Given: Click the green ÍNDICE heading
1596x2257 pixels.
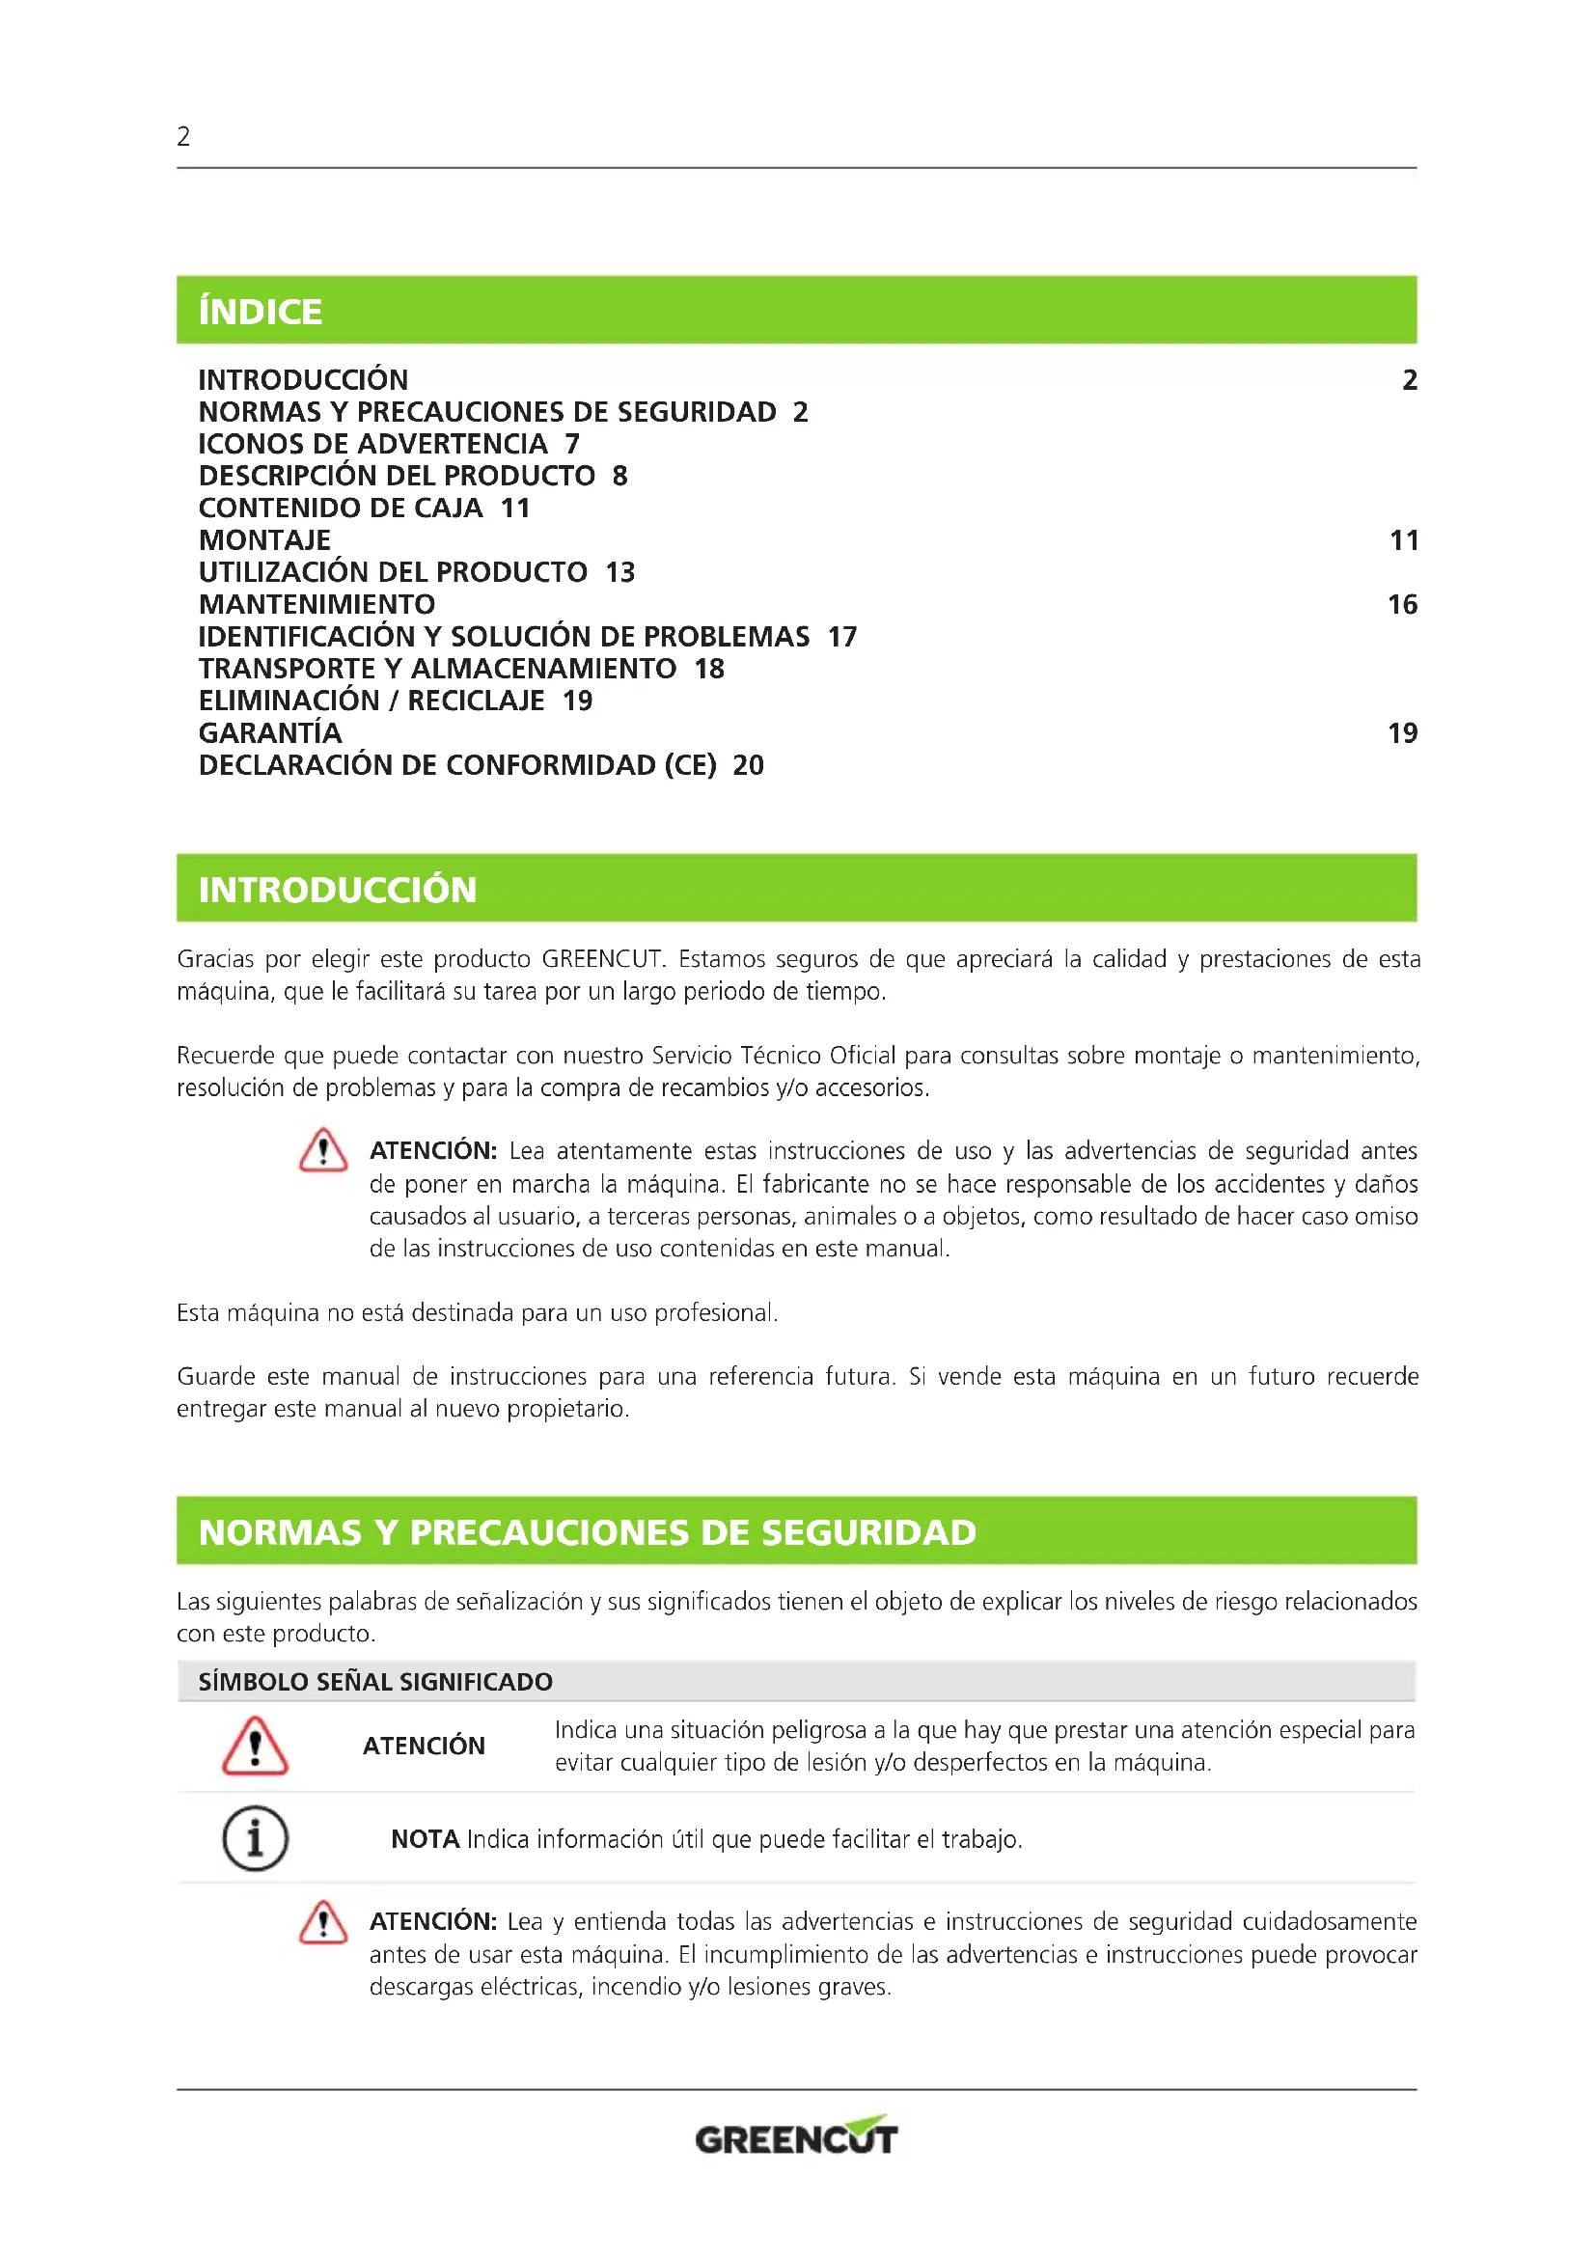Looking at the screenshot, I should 261,312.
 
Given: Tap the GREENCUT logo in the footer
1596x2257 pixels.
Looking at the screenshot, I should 796,2137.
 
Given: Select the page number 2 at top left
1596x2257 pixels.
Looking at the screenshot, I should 183,137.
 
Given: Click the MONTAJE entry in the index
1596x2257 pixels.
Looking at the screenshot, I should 264,540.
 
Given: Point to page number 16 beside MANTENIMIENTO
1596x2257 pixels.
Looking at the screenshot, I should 1402,605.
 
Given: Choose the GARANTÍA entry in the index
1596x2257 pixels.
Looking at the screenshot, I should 270,733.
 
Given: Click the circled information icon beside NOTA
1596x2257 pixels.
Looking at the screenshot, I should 255,1838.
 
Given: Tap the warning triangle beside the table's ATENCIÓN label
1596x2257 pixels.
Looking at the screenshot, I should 255,1747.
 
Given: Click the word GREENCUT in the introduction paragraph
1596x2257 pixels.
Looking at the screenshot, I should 602,959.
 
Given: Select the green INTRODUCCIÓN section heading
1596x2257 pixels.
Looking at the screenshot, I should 337,890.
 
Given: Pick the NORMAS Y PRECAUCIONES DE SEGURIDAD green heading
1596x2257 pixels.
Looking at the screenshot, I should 587,1532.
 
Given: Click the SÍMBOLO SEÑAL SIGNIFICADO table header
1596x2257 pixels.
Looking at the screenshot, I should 375,1682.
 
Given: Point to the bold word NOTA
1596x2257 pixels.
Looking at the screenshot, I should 425,1839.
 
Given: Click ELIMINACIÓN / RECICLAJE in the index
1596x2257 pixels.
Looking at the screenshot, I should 371,701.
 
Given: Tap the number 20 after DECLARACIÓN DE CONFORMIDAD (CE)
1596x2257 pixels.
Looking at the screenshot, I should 748,766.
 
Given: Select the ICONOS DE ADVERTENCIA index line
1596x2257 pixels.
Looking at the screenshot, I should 372,444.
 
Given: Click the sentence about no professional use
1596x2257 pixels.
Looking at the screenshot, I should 477,1313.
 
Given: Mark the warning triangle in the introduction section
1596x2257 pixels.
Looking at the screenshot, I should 323,1151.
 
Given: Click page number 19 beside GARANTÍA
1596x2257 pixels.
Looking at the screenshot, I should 1402,733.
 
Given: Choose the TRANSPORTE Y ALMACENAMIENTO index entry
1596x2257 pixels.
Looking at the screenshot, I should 437,670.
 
